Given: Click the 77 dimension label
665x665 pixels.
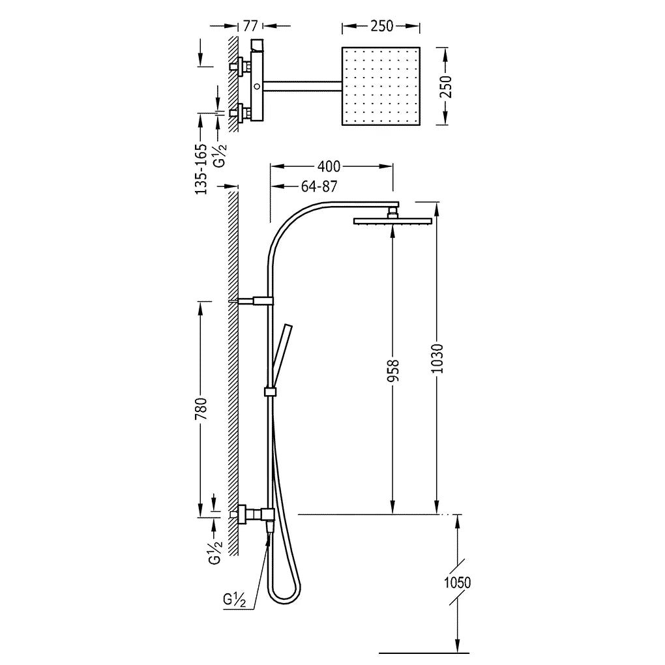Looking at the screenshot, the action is [x=250, y=26].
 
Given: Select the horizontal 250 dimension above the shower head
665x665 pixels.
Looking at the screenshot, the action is [x=381, y=26].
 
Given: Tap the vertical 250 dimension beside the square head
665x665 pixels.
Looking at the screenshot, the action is [x=446, y=87].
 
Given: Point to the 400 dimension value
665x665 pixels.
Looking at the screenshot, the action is [x=329, y=167].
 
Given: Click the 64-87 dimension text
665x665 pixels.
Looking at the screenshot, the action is [x=319, y=186].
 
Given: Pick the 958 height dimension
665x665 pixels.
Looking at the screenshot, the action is [x=393, y=370].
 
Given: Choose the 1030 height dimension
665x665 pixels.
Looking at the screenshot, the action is [x=437, y=359].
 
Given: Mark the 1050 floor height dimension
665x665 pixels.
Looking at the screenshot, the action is [x=457, y=582].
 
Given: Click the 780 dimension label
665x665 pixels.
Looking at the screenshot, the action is [x=201, y=408].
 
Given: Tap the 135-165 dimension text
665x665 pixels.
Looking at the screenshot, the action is [x=201, y=169].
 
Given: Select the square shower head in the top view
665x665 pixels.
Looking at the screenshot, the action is [x=381, y=86].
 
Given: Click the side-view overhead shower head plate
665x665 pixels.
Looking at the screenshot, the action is [x=392, y=220].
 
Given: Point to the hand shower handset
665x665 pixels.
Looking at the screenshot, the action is [x=281, y=356].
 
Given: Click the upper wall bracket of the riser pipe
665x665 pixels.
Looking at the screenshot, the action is [x=254, y=301].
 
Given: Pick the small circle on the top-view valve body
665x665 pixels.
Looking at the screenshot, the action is [x=257, y=86].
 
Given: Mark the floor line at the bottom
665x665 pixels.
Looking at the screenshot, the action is [x=424, y=653].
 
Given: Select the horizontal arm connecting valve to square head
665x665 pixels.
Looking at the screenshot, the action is [x=303, y=86].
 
